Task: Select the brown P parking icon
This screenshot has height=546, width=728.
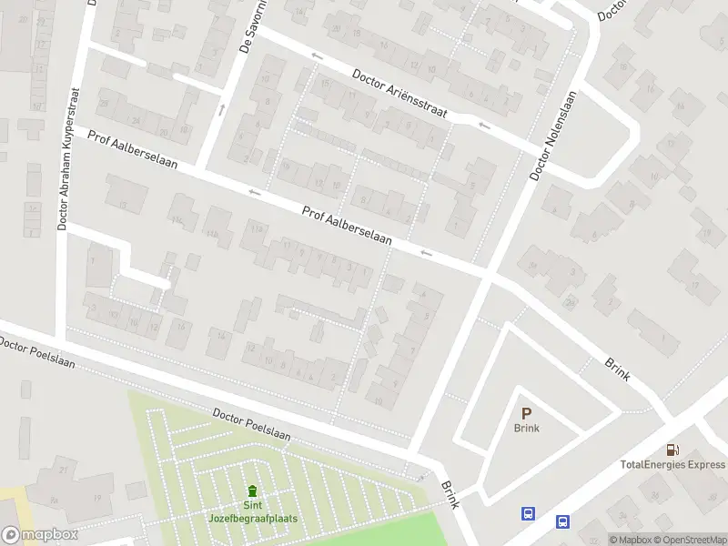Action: coord(526,413)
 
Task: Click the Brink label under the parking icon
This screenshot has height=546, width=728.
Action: coord(526,429)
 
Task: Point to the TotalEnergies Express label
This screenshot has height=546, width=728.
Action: coord(672,464)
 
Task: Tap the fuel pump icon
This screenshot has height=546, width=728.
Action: coord(672,450)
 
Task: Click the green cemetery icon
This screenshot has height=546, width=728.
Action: coord(252,491)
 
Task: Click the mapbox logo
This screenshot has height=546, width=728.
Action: coord(39,535)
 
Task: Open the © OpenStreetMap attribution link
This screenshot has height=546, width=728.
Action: coord(688,540)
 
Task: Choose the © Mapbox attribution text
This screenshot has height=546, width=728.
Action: coord(629,540)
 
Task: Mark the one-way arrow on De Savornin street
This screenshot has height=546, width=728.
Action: coord(221,109)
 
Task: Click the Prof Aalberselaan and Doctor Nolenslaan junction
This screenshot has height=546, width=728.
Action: coord(488,272)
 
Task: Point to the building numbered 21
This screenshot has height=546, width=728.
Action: coord(63,470)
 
